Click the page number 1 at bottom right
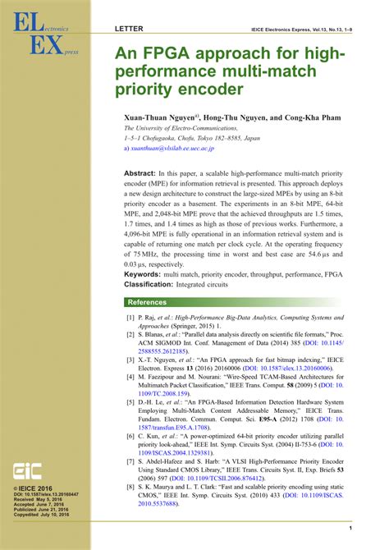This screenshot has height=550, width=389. [350, 528]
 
